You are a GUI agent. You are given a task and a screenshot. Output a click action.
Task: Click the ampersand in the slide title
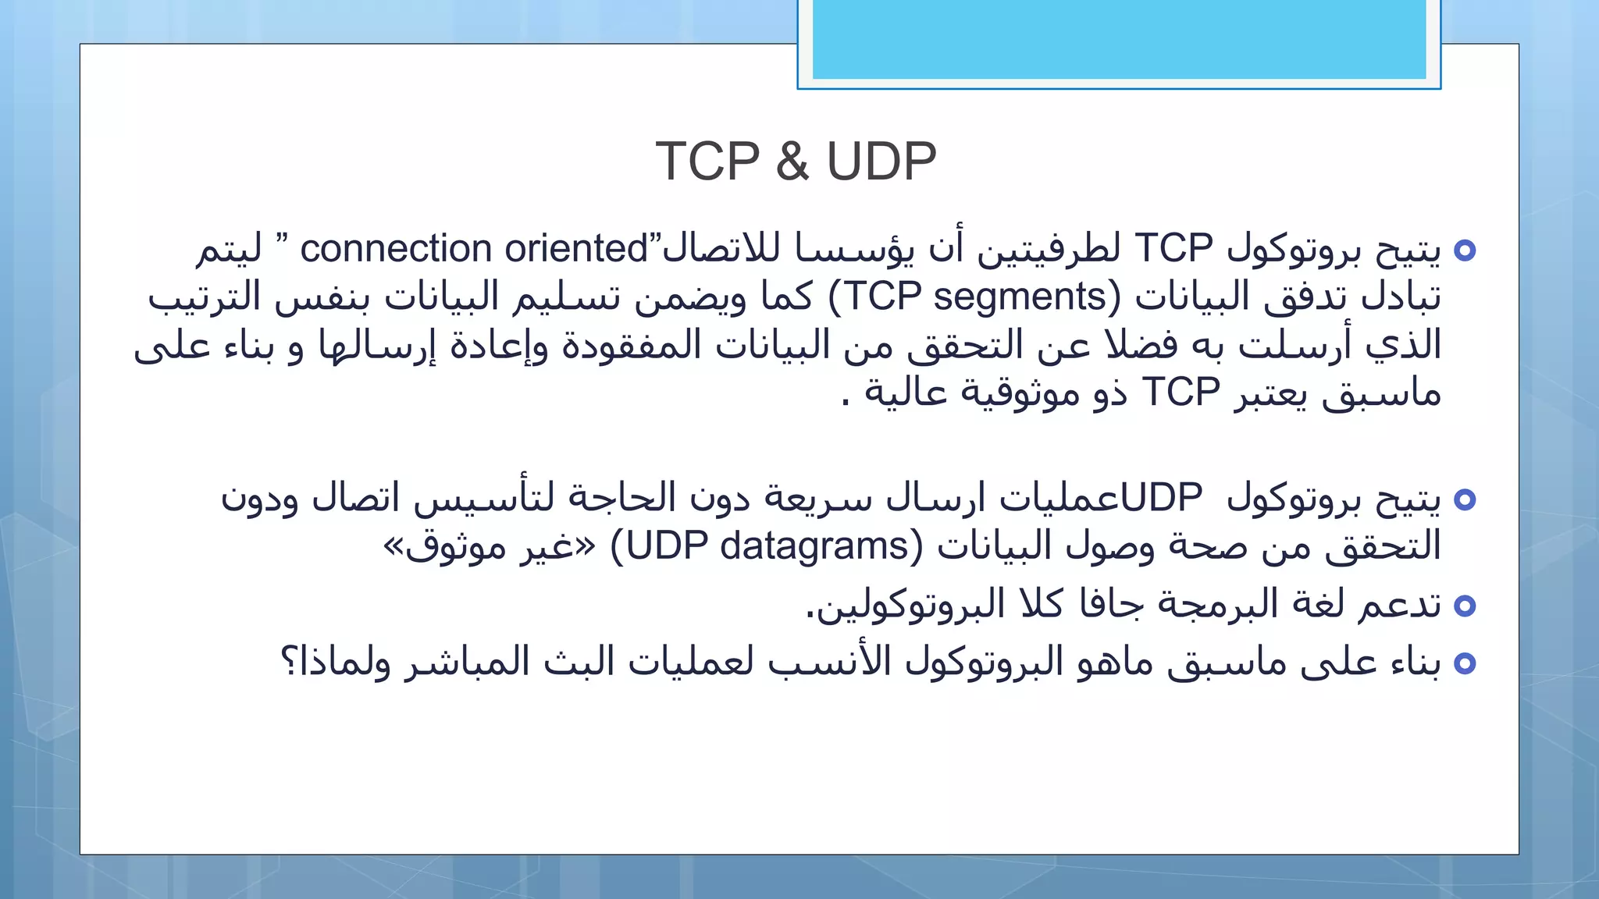point(792,162)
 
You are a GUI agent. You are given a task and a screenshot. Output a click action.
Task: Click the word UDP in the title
point(881,162)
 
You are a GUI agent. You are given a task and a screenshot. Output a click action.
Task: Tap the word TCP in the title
point(707,162)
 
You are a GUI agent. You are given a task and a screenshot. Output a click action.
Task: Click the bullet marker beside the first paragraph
point(1465,251)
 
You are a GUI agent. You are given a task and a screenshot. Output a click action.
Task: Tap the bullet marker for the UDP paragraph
point(1465,499)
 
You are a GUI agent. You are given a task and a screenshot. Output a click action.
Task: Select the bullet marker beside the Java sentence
point(1465,606)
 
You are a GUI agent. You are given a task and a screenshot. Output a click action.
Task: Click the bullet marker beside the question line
point(1465,663)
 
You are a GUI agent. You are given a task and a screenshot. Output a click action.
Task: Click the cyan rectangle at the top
point(1119,39)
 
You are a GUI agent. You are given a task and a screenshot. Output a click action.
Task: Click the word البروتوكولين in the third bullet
point(906,605)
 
